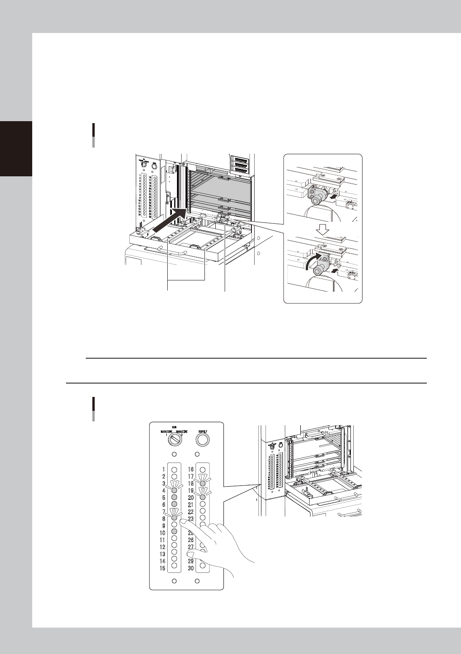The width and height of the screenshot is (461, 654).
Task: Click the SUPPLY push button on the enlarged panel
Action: pos(203,439)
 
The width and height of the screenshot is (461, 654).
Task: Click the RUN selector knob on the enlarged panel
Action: pos(174,439)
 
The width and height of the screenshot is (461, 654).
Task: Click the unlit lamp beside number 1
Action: pos(174,469)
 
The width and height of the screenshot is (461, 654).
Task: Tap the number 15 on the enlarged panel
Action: pos(163,568)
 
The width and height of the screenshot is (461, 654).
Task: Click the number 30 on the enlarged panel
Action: pos(191,568)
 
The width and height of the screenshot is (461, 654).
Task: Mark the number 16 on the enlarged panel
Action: pos(191,469)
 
